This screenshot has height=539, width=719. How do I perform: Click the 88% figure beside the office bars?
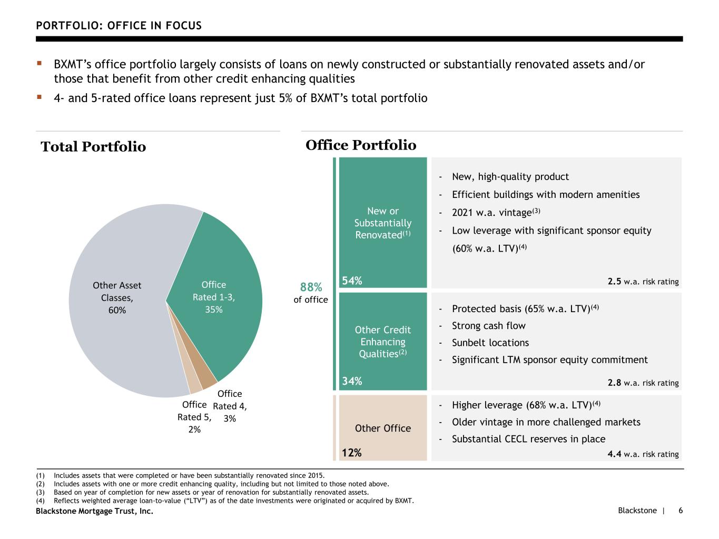tap(311, 287)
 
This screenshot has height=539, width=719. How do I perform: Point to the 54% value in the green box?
tap(352, 281)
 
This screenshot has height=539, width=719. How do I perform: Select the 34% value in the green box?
tap(352, 381)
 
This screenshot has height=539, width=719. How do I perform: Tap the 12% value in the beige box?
tap(351, 453)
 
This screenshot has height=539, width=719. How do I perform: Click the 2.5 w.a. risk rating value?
tap(614, 282)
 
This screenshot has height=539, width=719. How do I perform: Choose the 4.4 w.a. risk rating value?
tap(614, 454)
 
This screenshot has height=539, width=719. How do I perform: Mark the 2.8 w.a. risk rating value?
tap(614, 383)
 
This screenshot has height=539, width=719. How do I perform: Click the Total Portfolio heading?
tap(93, 147)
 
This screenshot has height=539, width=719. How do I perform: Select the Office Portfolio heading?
tap(361, 145)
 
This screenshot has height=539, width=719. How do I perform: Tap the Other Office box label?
tap(383, 428)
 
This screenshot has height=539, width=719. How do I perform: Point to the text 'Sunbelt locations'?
tap(490, 343)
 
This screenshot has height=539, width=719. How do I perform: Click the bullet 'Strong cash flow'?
tap(488, 326)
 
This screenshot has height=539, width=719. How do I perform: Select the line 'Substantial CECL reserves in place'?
tap(528, 439)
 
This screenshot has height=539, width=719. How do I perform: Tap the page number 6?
tap(681, 511)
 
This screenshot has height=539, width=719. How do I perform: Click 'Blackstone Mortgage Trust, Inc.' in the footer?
tap(94, 511)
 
